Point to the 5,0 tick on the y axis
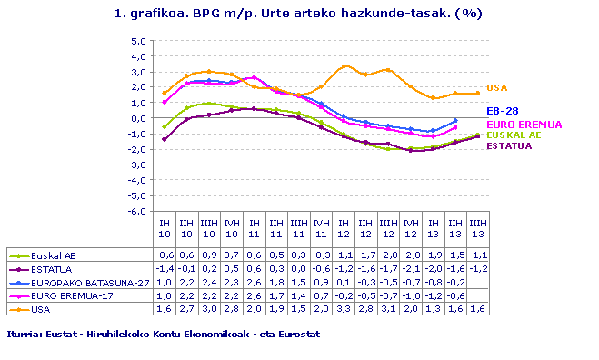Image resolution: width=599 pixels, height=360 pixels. [x=138, y=41]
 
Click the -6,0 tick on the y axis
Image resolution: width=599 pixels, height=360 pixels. [x=137, y=211]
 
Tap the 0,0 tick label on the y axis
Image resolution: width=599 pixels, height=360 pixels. [x=138, y=118]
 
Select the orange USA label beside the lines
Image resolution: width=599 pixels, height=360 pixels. [x=496, y=88]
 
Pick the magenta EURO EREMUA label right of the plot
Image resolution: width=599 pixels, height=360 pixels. [x=524, y=124]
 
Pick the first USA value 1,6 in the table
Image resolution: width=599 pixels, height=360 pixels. [x=165, y=309]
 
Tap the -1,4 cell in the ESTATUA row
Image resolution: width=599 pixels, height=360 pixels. [x=165, y=269]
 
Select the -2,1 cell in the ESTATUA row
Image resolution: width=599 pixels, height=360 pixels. [x=411, y=269]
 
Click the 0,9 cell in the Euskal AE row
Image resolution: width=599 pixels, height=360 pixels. [x=209, y=255]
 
